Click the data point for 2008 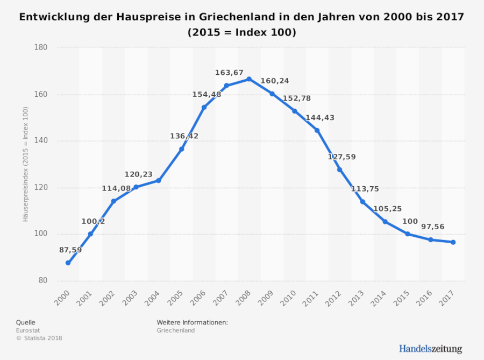tap(249, 79)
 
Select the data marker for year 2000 tap(68, 263)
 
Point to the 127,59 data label tap(341, 157)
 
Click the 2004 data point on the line tap(159, 180)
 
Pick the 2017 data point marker tap(453, 242)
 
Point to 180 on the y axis tap(41, 47)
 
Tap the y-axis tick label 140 tap(41, 141)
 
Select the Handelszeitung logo tap(430, 349)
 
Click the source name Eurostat tap(28, 330)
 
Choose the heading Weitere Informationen tap(192, 322)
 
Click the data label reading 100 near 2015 tap(410, 222)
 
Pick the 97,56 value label tap(432, 227)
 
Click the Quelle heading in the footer tap(26, 322)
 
